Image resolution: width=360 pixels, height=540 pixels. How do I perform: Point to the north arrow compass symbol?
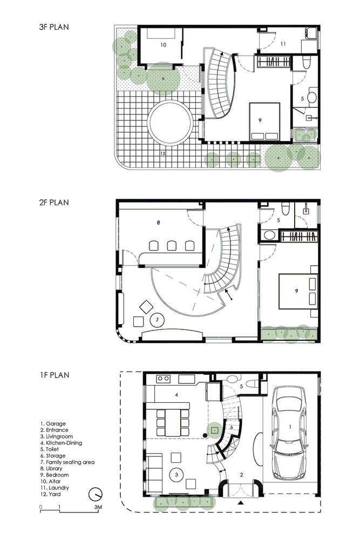coord(96,493)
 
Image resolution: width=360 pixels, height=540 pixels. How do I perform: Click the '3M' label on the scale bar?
coord(97,508)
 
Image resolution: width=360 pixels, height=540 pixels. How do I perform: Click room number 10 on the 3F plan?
coord(163,45)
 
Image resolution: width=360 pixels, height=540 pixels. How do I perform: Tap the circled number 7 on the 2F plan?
coord(157,320)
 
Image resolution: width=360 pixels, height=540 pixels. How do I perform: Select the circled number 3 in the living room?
coord(176,474)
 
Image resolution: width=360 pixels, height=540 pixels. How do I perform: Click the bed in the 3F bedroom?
coord(264,122)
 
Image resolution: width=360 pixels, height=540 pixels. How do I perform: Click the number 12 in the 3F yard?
coord(162,153)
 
